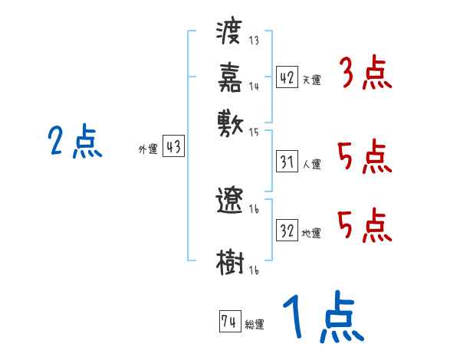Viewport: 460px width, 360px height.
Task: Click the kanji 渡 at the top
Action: pos(230,34)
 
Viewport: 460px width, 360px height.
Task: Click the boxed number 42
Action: pos(287,77)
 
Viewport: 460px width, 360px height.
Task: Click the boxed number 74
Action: pos(228,322)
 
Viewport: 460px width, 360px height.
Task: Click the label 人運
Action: pos(312,164)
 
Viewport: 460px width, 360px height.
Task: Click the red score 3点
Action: pos(365,74)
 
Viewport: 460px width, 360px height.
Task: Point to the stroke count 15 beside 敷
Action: pos(254,130)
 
